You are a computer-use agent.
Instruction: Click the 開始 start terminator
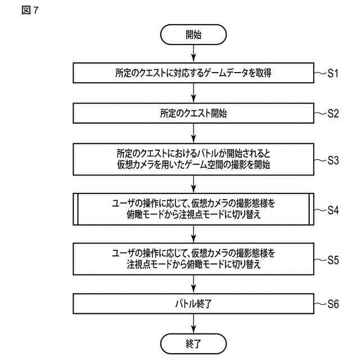point(193,34)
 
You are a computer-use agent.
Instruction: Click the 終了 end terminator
point(193,343)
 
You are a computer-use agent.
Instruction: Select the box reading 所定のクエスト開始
point(193,113)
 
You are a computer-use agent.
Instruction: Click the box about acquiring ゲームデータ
point(193,73)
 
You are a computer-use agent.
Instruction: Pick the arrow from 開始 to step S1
point(193,54)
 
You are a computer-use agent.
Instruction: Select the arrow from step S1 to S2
point(193,93)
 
